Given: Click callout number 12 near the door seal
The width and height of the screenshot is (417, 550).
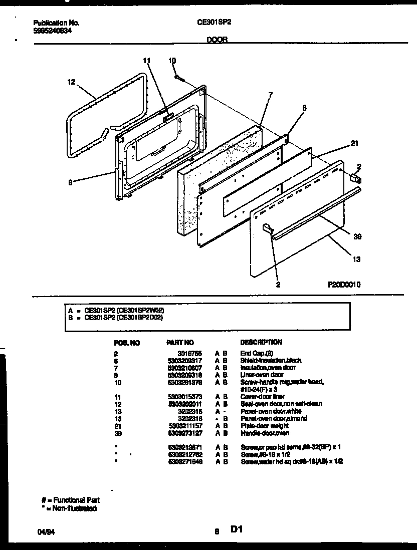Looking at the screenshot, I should [71, 82].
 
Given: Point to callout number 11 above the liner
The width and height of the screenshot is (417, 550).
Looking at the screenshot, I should [146, 61].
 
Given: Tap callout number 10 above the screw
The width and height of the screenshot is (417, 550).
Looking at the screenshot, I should [172, 61].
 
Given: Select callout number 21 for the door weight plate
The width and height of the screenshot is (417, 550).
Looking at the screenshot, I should [354, 144].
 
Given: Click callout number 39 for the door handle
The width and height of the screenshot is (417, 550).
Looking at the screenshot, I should [357, 236].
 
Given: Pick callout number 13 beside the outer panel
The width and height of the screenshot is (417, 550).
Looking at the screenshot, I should [357, 259].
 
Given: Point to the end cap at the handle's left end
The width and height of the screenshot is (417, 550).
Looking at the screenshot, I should [266, 228].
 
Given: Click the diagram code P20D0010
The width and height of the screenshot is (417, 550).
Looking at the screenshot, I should [344, 284].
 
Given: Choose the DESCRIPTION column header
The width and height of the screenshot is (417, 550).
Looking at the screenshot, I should [261, 342].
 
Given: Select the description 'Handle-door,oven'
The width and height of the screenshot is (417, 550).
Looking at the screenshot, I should [265, 433].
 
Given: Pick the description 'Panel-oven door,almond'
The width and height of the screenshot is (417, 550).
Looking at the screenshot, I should [274, 418].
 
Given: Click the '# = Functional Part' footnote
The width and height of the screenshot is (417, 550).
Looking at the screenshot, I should [70, 500].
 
